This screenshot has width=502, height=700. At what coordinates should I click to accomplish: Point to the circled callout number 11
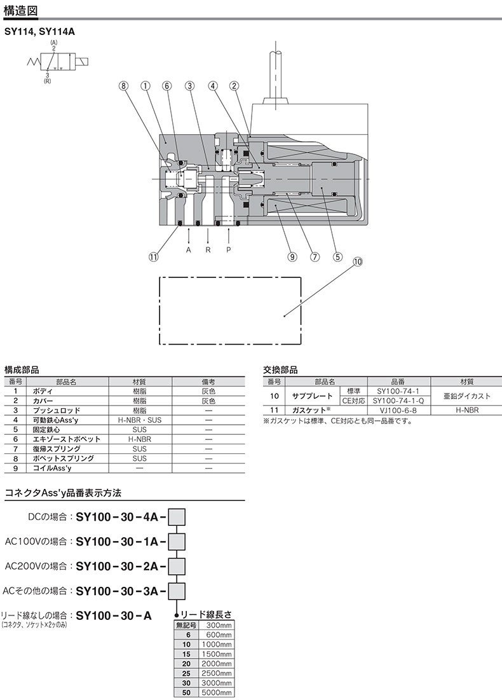coord(153,257)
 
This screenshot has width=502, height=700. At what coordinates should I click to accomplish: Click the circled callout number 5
coord(337,257)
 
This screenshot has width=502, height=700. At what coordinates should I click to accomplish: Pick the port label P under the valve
coord(228,250)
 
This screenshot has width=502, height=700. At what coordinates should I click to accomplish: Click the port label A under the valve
coord(189,250)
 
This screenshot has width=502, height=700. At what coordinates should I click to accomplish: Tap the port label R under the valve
coord(208,250)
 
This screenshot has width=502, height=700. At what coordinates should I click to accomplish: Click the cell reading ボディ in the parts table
coord(43,392)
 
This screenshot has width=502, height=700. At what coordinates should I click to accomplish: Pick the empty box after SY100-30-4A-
coord(176,516)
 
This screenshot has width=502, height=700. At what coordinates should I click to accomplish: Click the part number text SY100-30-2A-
coord(121,565)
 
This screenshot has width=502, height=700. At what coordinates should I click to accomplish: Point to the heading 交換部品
coord(280,369)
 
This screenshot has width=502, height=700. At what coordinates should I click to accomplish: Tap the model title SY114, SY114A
coord(39,30)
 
